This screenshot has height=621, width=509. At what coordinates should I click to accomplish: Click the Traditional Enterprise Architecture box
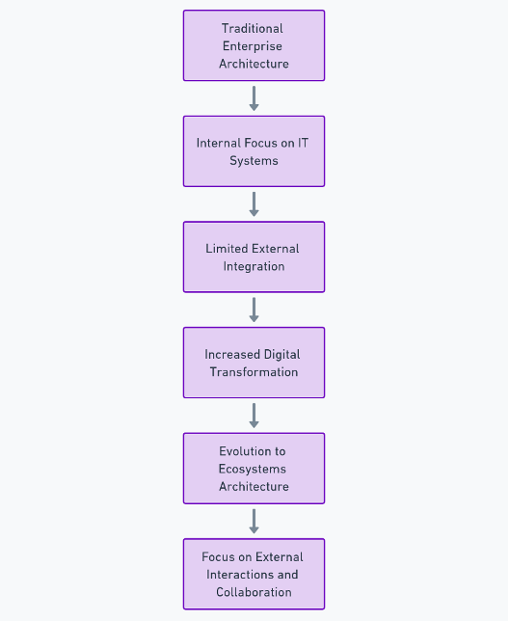[254, 45]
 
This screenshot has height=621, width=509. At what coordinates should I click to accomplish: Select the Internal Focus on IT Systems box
[254, 151]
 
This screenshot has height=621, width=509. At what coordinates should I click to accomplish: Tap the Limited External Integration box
[254, 257]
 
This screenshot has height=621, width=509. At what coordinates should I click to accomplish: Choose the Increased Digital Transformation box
[254, 363]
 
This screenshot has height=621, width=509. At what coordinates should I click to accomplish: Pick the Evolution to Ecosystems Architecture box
[254, 469]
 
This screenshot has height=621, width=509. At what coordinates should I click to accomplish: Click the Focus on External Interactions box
[254, 575]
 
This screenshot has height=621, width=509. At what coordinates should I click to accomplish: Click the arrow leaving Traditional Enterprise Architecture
[254, 98]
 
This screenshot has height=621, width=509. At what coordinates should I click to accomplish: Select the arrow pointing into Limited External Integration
[254, 204]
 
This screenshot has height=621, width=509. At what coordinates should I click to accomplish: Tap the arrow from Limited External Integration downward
[254, 310]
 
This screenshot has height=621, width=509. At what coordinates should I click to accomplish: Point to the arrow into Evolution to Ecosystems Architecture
[254, 416]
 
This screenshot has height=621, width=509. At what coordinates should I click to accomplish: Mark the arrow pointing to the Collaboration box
[254, 522]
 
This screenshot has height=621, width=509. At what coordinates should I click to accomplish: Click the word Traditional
[253, 29]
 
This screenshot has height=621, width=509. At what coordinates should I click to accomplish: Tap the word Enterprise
[253, 46]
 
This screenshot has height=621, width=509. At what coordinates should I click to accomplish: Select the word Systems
[254, 161]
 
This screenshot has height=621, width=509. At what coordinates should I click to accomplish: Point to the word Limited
[224, 249]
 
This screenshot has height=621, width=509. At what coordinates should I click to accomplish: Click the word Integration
[254, 266]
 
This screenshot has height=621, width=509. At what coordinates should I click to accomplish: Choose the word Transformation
[254, 372]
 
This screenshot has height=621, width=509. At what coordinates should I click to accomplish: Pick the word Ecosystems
[253, 470]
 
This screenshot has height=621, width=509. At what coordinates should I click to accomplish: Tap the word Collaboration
[254, 592]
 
